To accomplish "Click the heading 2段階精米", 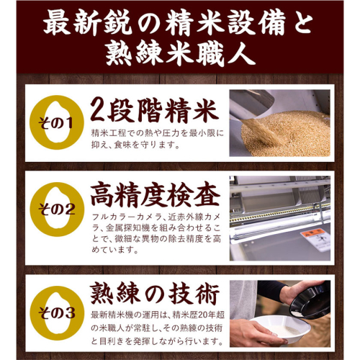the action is tap(155, 110).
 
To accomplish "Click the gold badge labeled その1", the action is tap(57, 122).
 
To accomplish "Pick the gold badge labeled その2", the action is tap(57, 210).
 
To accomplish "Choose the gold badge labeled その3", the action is tap(57, 313).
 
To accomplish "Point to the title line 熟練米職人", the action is tap(180, 53).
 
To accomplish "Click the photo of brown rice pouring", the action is tap(280, 123).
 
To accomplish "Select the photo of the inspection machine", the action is tap(280, 218).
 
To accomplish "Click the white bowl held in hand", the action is tap(279, 328).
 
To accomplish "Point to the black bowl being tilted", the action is tap(310, 300).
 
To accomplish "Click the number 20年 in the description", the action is tap(206, 315).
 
